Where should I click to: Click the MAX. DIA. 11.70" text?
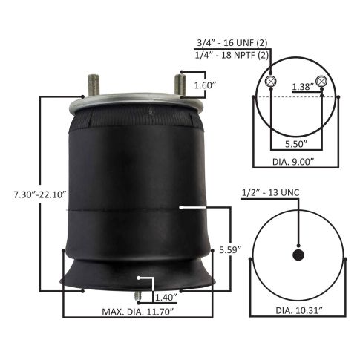pos(136,312)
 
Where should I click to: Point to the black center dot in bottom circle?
pos(298,255)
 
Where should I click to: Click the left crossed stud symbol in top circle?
pos(272,81)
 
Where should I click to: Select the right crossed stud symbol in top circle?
pos(321,81)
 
